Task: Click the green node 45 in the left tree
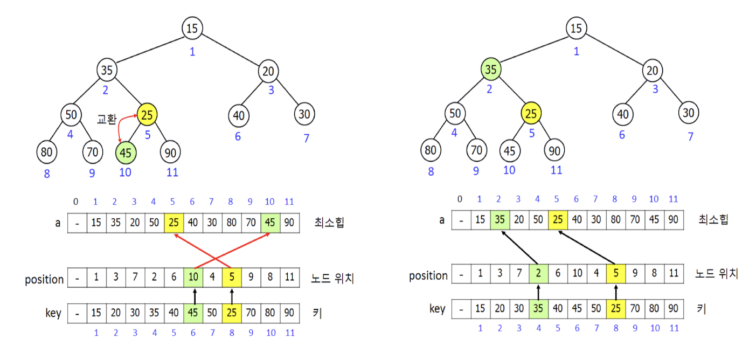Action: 126,153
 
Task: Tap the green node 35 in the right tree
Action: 491,70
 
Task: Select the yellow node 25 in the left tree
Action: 147,114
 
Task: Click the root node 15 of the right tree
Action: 576,28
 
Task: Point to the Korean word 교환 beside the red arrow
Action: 107,119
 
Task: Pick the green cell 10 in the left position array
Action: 193,278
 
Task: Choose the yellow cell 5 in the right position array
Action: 616,274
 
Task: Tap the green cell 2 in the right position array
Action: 538,274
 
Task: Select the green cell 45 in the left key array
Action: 193,313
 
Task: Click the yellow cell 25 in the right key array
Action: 616,309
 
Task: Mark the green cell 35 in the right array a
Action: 500,220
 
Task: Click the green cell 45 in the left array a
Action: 270,223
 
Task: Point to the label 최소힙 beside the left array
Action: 329,222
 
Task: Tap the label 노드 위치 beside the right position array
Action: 717,274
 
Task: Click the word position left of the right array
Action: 428,276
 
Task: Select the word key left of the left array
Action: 53,313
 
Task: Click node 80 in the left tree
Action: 47,152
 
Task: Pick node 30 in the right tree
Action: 689,113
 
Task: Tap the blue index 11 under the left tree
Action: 172,172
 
